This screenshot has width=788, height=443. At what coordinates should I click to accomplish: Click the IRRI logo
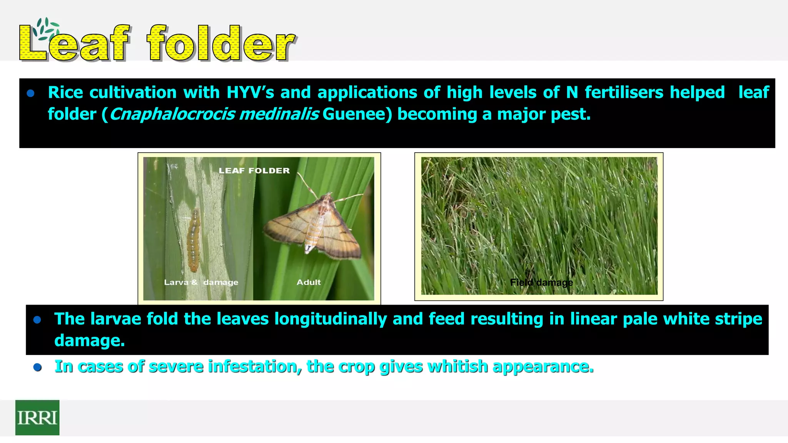[x=37, y=418]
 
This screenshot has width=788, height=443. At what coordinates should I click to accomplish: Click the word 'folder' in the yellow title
[x=220, y=43]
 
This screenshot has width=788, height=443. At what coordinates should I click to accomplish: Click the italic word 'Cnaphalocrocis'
[x=172, y=114]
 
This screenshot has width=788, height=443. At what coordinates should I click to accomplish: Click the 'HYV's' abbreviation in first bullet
[x=250, y=92]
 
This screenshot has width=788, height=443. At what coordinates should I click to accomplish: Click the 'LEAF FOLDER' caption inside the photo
[x=254, y=171]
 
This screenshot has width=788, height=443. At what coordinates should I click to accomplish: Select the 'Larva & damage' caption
[x=201, y=282]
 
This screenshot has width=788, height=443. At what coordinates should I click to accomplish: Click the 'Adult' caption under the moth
[x=309, y=282]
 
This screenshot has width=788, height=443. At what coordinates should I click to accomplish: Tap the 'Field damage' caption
[x=541, y=283]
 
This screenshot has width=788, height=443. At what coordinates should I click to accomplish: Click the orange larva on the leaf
[x=194, y=240]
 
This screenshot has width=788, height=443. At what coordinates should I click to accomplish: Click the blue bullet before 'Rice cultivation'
[x=31, y=93]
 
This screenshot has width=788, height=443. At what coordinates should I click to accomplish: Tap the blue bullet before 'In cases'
[x=37, y=367]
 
